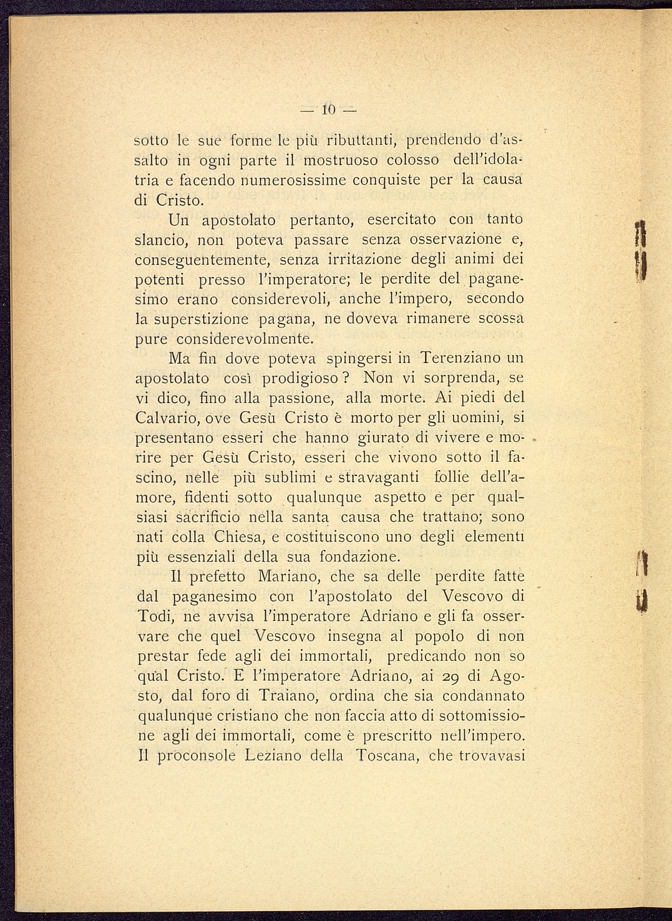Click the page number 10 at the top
pos(329,110)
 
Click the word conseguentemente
pos(203,260)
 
